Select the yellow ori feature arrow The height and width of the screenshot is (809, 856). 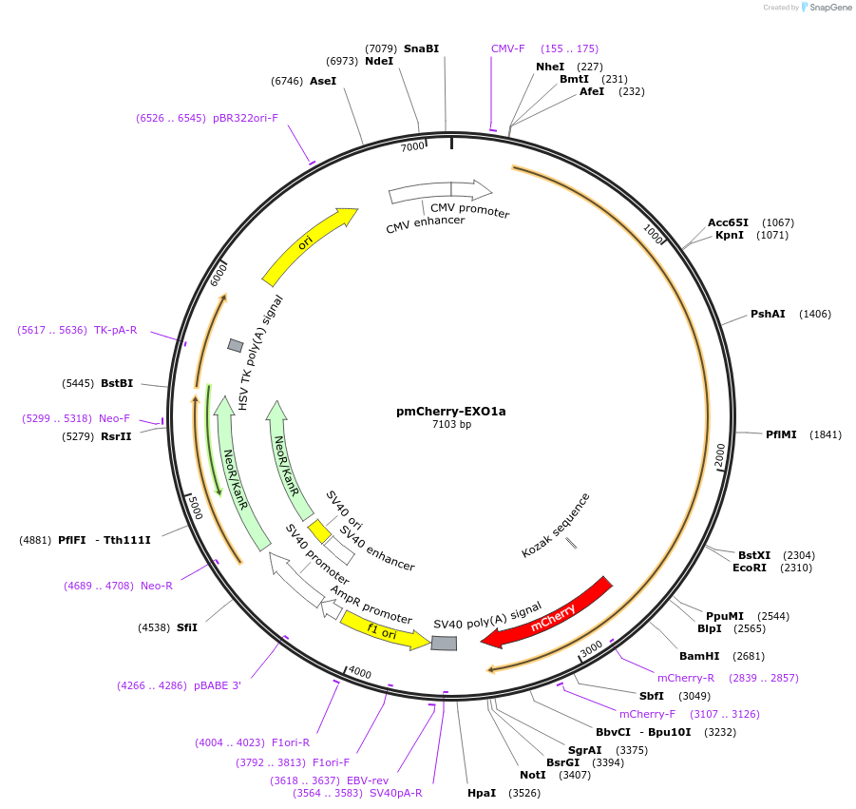[x=307, y=244]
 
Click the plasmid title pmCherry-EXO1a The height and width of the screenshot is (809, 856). [x=451, y=412]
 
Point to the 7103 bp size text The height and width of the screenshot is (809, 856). [x=451, y=425]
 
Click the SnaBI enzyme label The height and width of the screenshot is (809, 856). [x=421, y=48]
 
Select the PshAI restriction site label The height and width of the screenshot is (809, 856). [x=768, y=314]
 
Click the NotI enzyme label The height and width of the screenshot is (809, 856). [x=533, y=775]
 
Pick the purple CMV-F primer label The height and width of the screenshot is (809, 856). [x=507, y=48]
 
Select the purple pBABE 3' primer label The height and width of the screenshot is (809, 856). [x=217, y=685]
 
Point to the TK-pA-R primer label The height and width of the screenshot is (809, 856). [x=115, y=331]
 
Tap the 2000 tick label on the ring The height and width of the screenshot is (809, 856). [x=720, y=454]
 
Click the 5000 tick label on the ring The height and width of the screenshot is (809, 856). [x=194, y=506]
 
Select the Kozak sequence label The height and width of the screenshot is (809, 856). [x=556, y=525]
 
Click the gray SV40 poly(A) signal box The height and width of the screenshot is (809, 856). [x=444, y=644]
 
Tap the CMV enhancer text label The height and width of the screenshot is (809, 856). [x=425, y=224]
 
